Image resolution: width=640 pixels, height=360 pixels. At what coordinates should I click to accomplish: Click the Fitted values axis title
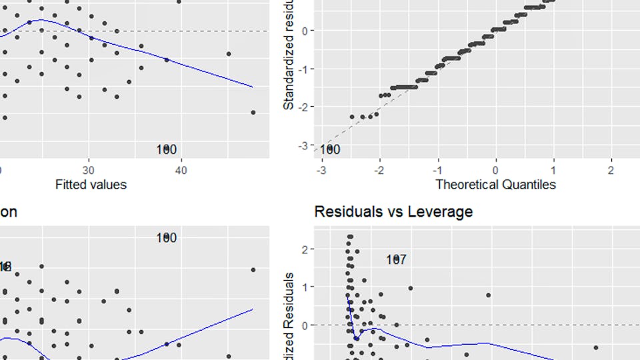[x=91, y=184]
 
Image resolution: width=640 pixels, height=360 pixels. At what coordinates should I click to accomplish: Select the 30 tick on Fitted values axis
[x=88, y=170]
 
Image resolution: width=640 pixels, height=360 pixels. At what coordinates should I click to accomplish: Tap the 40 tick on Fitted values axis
[x=180, y=170]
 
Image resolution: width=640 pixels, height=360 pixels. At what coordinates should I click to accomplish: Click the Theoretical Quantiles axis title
[x=495, y=184]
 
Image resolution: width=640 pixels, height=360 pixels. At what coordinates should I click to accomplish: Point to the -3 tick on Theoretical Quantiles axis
[x=321, y=170]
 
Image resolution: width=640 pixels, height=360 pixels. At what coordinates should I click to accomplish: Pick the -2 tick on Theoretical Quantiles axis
[x=379, y=170]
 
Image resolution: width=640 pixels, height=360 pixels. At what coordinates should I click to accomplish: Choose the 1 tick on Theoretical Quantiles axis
[x=553, y=170]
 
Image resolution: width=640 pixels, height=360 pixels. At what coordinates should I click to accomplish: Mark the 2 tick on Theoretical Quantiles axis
[x=611, y=170]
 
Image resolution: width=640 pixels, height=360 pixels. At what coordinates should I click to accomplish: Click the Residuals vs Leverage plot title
[x=393, y=212]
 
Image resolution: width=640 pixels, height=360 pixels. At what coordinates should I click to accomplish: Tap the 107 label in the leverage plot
[x=396, y=259]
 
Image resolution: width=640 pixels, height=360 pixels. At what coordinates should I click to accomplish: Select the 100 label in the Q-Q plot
[x=329, y=149]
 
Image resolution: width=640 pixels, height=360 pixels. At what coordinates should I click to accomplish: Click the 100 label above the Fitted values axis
[x=167, y=149]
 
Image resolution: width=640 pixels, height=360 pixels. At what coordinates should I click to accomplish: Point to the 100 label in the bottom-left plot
[x=167, y=237]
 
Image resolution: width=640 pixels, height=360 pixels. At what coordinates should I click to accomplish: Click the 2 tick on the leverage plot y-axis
[x=305, y=249]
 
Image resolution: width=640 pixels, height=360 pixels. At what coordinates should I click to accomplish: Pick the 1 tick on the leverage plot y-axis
[x=305, y=287]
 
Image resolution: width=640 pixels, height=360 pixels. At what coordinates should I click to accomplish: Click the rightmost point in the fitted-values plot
[x=253, y=113]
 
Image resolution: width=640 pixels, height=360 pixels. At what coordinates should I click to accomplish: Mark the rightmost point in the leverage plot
[x=596, y=347]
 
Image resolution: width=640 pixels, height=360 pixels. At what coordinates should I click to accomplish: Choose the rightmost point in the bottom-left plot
[x=253, y=270]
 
